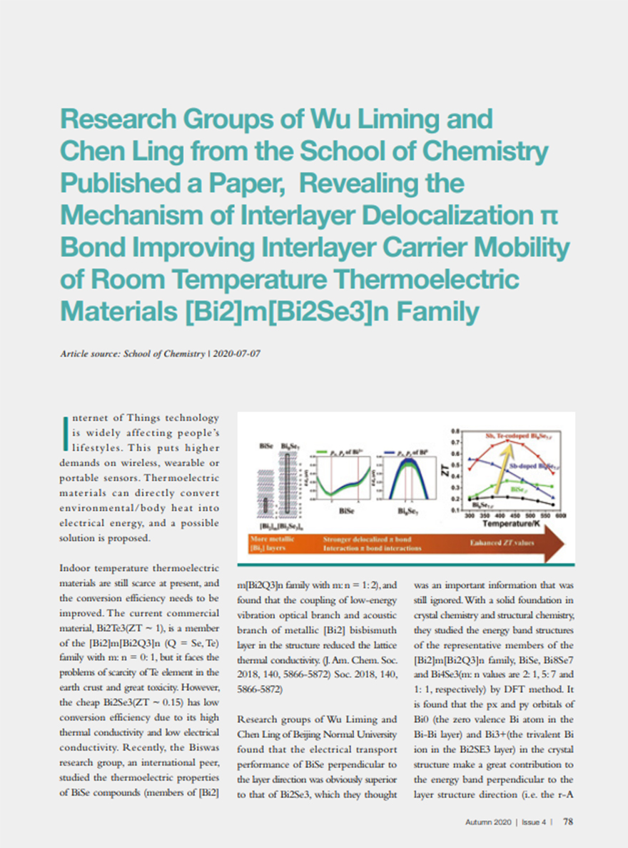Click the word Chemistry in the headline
491,151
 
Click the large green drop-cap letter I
67,435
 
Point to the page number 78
568,822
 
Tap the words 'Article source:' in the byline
89,353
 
